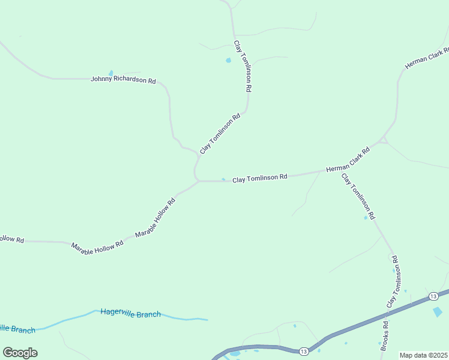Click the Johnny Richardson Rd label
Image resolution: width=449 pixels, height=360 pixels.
coord(123,79)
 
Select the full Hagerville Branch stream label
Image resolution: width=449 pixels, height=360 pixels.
coord(130,313)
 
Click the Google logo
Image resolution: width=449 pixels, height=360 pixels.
coord(20,353)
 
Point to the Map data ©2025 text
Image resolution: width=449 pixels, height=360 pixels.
coord(423,355)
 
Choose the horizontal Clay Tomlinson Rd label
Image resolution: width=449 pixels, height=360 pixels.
coord(260,178)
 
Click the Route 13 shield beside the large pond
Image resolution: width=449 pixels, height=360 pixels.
coord(433,296)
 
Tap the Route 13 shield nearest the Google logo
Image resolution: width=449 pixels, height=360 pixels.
coord(304,351)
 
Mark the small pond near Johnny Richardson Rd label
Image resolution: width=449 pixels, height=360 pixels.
coord(110,73)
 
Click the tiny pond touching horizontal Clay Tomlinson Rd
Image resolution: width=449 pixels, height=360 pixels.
coord(223,179)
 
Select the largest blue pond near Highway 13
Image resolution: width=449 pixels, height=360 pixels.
coord(438,311)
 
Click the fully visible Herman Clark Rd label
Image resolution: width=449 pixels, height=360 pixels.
coord(348,160)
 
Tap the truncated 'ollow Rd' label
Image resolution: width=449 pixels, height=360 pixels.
coord(11,239)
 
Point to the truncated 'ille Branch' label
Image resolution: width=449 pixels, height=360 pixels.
coord(17,329)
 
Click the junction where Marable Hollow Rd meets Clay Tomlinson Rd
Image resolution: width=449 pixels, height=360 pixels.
coord(198,181)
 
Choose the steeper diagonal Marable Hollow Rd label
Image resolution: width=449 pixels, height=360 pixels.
coord(155,217)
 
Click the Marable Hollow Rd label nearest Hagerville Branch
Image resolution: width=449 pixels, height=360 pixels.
coord(97,247)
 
